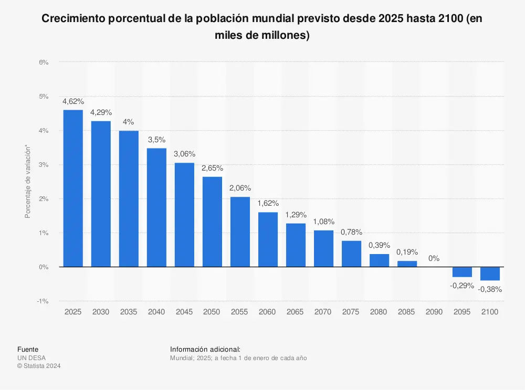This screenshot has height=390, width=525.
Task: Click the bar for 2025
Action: (x=73, y=188)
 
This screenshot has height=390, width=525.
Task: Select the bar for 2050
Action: (x=212, y=222)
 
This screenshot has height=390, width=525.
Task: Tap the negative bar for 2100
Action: (x=490, y=273)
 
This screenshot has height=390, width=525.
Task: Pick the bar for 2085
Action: (x=407, y=263)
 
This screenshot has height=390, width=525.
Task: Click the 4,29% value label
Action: (x=101, y=112)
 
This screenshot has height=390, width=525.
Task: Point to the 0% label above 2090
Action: (x=434, y=258)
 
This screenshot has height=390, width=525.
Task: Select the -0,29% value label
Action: (x=463, y=286)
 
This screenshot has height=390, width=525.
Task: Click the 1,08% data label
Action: (x=323, y=222)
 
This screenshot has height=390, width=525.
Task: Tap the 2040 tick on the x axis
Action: (x=156, y=312)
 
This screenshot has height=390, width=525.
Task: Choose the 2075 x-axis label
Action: (x=351, y=312)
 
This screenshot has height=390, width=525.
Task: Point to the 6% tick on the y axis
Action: (x=44, y=62)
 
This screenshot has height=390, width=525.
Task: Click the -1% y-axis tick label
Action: (x=43, y=301)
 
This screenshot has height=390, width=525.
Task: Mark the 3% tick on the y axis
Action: (x=44, y=165)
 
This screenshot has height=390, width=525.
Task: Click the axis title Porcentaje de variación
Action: (x=27, y=182)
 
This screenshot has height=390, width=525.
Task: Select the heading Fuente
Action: (x=27, y=349)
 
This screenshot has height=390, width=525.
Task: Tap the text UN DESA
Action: (x=31, y=358)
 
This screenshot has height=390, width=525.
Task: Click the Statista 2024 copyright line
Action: (x=39, y=366)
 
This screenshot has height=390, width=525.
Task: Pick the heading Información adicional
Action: (x=205, y=349)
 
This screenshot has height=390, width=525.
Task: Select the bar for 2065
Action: (x=296, y=245)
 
